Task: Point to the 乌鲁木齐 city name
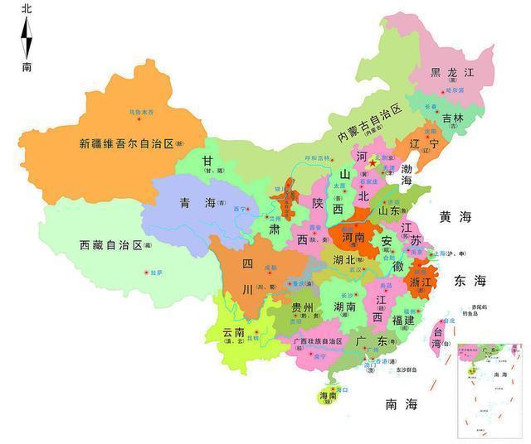(x=140, y=110)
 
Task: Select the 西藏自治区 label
(x=110, y=245)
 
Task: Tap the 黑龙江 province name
(x=452, y=72)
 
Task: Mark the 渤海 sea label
(x=407, y=174)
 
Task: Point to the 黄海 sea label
(x=455, y=217)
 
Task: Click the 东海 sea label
(x=469, y=282)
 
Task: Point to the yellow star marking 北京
(x=373, y=163)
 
